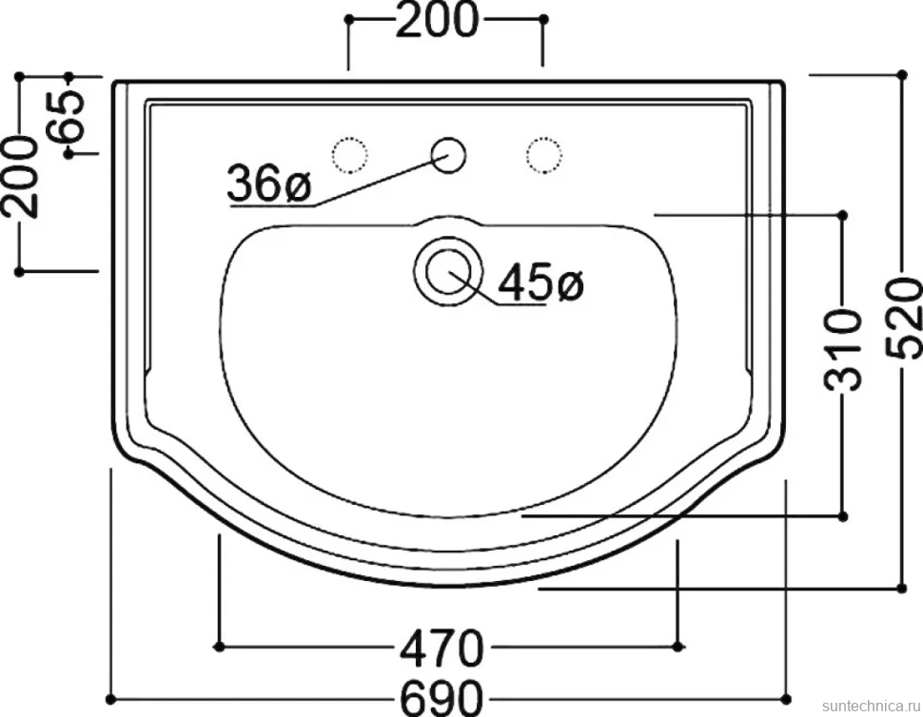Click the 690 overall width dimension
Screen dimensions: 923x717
pos(442,698)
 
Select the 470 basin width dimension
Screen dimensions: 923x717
pos(442,648)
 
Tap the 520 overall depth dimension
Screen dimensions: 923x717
pos(904,319)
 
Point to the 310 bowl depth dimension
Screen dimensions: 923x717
pos(842,351)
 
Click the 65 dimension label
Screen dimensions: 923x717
pos(68,116)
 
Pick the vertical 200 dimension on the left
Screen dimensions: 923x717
pos(20,176)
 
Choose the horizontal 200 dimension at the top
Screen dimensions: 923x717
pos(437,19)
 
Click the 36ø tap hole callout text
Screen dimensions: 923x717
pos(269,184)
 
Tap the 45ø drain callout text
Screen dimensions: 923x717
pos(540,282)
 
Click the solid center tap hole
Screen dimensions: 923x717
pos(448,155)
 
